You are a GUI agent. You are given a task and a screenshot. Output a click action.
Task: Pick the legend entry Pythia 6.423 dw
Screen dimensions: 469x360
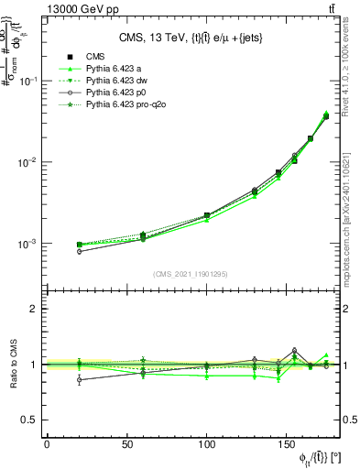pyautogui.click(x=117, y=82)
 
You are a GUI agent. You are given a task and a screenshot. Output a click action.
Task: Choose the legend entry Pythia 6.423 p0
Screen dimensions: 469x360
pyautogui.click(x=116, y=93)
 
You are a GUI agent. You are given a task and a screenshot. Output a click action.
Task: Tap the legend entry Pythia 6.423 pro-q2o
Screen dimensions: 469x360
pyautogui.click(x=125, y=106)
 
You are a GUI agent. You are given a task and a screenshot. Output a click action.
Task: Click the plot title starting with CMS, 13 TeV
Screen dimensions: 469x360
pyautogui.click(x=196, y=38)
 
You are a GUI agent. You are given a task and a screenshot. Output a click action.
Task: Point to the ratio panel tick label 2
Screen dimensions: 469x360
pyautogui.click(x=35, y=310)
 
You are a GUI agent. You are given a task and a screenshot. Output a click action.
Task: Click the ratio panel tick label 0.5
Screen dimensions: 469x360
pyautogui.click(x=30, y=420)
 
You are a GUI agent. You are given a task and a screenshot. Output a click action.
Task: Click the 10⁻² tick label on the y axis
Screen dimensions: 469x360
pyautogui.click(x=27, y=163)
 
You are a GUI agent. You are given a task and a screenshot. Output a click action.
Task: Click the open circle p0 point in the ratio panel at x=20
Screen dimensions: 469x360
pyautogui.click(x=79, y=379)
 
